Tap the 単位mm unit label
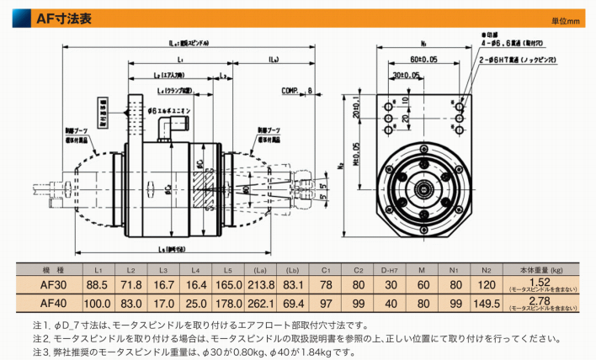click(567, 20)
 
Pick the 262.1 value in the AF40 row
click(261, 302)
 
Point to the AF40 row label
click(53, 302)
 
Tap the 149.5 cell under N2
click(486, 302)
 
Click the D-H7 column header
click(390, 269)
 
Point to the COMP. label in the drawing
click(290, 90)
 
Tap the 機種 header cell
click(53, 269)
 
